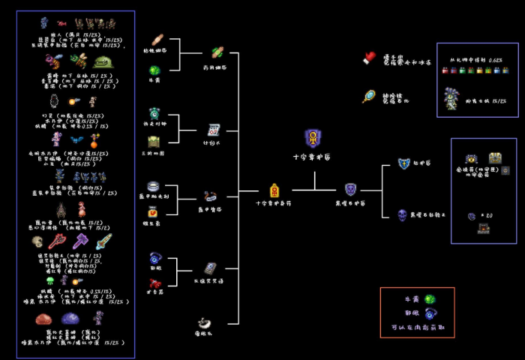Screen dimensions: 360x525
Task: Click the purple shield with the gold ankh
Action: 313,138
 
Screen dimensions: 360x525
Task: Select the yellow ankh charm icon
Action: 274,190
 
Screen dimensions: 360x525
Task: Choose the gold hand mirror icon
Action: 369,96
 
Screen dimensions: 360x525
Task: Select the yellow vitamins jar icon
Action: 152,212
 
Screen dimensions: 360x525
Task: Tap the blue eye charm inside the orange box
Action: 430,314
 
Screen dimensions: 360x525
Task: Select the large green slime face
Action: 103,61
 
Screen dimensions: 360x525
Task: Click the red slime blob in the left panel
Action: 43,319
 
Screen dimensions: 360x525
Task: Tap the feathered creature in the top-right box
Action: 451,98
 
